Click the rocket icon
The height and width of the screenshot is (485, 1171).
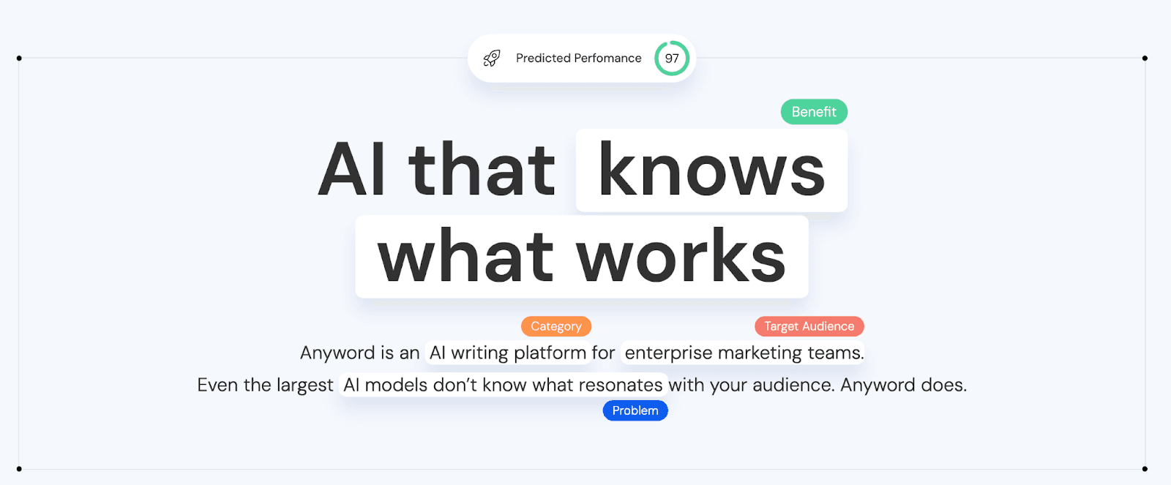491,58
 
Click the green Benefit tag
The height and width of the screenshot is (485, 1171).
814,112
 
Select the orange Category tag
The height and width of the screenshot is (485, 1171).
556,326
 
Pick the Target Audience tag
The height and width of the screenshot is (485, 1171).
809,326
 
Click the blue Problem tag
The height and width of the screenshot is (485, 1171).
635,410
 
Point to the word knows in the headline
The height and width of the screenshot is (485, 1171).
711,170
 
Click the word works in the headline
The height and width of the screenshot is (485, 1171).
681,256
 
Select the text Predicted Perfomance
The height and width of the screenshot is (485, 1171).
579,58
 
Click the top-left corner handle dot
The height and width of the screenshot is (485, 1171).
19,58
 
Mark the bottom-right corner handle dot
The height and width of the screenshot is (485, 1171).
1145,469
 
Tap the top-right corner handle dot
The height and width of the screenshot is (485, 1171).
1145,58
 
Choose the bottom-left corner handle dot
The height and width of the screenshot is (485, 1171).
19,469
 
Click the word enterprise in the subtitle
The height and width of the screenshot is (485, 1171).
669,353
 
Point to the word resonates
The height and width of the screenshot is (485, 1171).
621,386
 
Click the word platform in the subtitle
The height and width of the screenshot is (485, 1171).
550,353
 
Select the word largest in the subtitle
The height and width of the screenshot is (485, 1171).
304,386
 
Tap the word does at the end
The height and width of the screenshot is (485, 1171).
943,386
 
